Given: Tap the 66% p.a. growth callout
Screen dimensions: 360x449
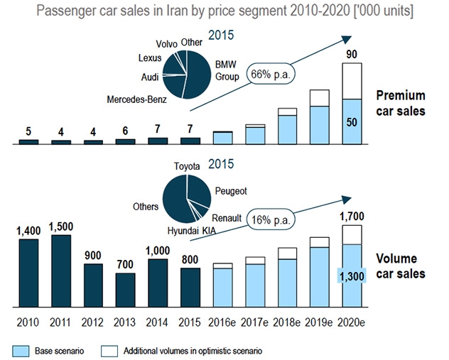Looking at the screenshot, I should point(271,73).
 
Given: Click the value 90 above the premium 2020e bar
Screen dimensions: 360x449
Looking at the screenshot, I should point(350,54).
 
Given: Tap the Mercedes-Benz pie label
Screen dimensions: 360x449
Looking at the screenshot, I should point(137,99).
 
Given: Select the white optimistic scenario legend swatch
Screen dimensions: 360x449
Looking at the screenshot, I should point(108,349).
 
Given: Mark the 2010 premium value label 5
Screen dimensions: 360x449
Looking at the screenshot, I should point(29,131).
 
